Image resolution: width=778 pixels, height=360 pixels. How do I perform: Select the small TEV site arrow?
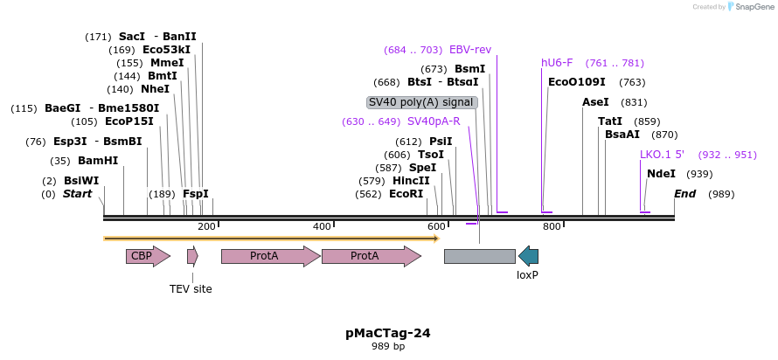pyautogui.click(x=192, y=256)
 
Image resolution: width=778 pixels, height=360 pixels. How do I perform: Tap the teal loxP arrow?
pyautogui.click(x=528, y=256)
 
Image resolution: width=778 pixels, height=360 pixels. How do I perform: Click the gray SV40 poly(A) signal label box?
pyautogui.click(x=421, y=102)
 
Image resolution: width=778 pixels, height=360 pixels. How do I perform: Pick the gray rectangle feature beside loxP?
pyautogui.click(x=479, y=256)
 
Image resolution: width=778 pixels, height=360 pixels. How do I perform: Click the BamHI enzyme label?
pyautogui.click(x=98, y=161)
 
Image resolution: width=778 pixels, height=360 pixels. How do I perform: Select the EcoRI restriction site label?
pyautogui.click(x=406, y=194)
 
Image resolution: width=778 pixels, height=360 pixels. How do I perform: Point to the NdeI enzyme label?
pyautogui.click(x=661, y=174)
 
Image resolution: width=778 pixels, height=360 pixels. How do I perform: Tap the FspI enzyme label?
pyautogui.click(x=195, y=194)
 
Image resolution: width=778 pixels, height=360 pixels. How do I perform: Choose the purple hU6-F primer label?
pyautogui.click(x=557, y=63)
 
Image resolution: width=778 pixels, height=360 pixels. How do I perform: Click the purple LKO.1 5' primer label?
pyautogui.click(x=662, y=155)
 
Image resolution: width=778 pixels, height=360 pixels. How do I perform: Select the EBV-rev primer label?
pyautogui.click(x=470, y=50)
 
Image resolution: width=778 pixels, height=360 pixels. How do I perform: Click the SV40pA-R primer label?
pyautogui.click(x=434, y=121)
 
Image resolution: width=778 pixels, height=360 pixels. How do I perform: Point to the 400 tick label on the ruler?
pyautogui.click(x=322, y=227)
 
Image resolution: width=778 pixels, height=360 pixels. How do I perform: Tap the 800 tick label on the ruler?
pyautogui.click(x=552, y=227)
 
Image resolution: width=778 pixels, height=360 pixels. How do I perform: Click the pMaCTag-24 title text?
pyautogui.click(x=388, y=333)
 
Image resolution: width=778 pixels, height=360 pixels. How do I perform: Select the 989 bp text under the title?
pyautogui.click(x=388, y=347)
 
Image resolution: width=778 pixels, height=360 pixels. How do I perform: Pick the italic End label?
pyautogui.click(x=684, y=194)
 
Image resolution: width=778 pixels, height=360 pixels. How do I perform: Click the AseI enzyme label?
pyautogui.click(x=595, y=102)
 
